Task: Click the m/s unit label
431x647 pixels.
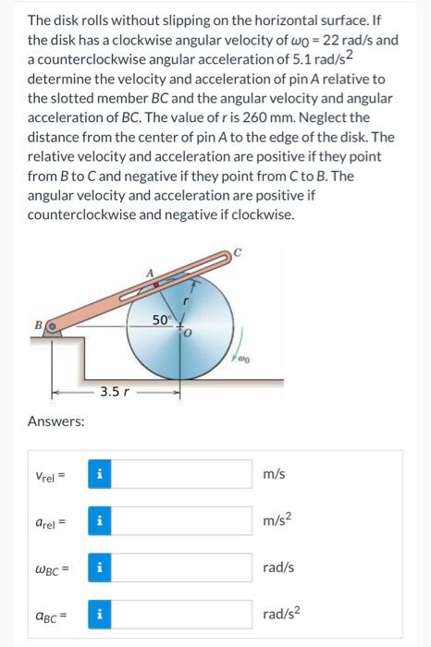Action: [275, 474]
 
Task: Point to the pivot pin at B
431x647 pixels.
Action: [52, 325]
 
